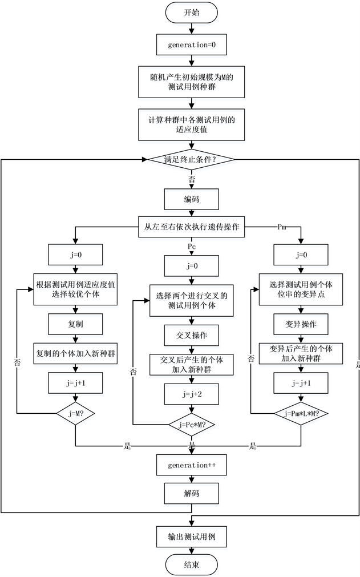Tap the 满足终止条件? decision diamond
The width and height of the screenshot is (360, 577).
click(x=192, y=159)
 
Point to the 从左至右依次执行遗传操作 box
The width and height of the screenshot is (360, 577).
click(x=192, y=227)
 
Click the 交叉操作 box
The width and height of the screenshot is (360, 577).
click(x=192, y=335)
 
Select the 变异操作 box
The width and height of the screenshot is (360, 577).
click(x=301, y=325)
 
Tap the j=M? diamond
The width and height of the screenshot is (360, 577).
click(x=75, y=413)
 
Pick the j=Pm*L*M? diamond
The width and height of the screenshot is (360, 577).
click(x=301, y=413)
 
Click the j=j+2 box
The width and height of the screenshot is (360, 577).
click(x=192, y=394)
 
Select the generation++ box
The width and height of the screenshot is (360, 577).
click(x=192, y=465)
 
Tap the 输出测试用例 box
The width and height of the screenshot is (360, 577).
click(x=192, y=536)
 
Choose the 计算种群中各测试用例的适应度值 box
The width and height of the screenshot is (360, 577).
click(x=192, y=125)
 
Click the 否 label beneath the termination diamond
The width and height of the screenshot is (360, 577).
click(x=192, y=179)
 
